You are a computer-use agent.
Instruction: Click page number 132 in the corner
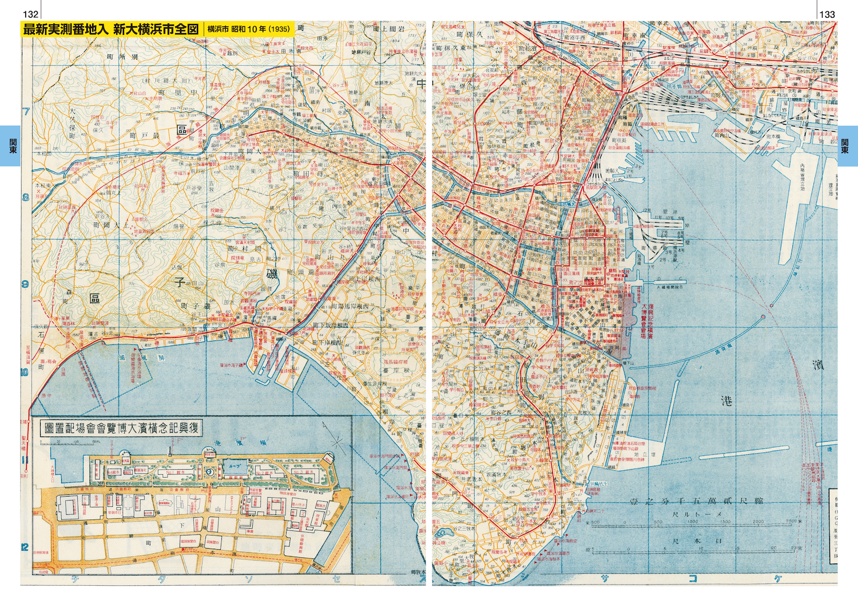pos(30,14)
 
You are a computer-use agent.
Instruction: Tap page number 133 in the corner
pos(827,14)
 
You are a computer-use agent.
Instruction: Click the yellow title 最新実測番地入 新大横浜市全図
pos(111,29)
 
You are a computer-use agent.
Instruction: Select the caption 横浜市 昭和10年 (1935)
pos(248,29)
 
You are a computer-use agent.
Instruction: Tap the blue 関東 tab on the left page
pos(10,146)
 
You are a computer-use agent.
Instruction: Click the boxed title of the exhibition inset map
pos(121,428)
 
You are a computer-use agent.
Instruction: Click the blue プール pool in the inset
pos(235,466)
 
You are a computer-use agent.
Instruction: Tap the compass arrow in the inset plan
pos(337,442)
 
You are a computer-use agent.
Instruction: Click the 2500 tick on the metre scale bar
pos(791,522)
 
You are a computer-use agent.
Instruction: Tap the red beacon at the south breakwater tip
pos(763,316)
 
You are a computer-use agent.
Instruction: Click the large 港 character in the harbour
pos(727,400)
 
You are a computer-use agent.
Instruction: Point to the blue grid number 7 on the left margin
pos(26,111)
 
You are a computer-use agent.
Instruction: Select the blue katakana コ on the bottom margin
pos(693,578)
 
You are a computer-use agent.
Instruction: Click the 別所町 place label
pos(122,57)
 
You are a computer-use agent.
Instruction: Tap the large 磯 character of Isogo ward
pos(272,273)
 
